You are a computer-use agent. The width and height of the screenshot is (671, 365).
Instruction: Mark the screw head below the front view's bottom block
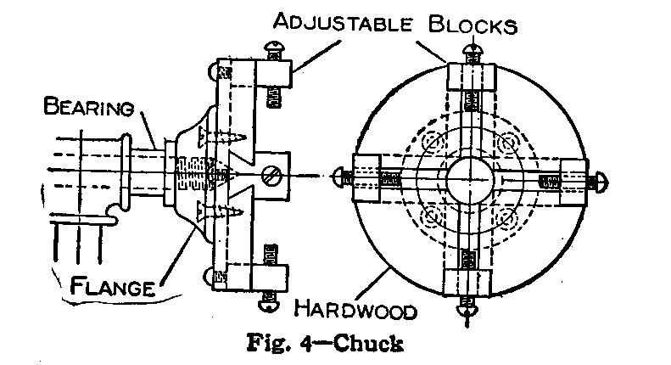point(468,308)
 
